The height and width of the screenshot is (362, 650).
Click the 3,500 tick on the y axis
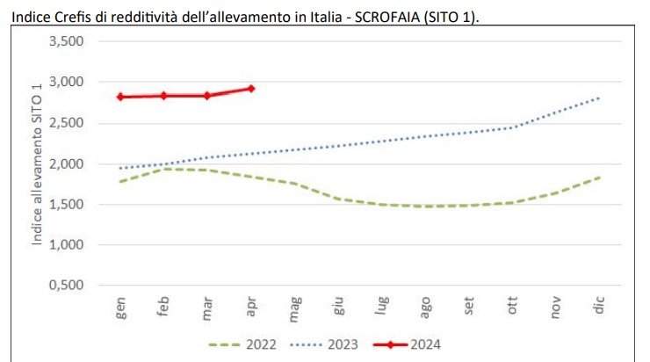tap(67, 42)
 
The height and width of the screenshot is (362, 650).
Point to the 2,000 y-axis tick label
tap(67, 164)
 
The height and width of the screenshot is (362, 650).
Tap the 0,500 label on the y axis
tap(67, 286)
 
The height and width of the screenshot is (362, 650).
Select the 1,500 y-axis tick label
tap(67, 205)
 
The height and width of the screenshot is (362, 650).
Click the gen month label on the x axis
tap(121, 308)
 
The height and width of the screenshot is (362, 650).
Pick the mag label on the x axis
tap(295, 308)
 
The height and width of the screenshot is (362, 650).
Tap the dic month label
tap(599, 306)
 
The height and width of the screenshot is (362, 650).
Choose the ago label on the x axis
tap(426, 308)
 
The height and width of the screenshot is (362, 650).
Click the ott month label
tap(513, 307)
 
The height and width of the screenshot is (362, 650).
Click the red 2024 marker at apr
tap(251, 88)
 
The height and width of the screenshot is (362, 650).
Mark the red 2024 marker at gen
tap(120, 97)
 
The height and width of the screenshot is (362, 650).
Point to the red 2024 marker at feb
tap(164, 95)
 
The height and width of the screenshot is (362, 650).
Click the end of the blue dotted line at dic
tap(599, 98)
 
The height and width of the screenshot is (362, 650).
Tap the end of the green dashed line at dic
tap(599, 177)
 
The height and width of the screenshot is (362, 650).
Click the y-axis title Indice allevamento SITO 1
tap(37, 163)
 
